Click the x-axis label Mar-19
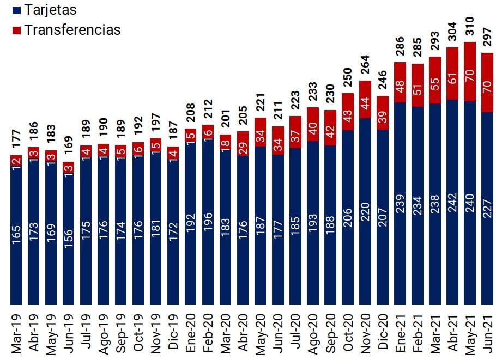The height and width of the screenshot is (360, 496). pos(16,332)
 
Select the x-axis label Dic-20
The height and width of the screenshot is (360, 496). pos(382,332)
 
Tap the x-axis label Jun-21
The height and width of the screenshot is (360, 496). pos(487,332)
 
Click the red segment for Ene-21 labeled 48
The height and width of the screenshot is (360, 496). pos(400,82)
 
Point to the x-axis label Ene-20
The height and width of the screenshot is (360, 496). pos(191,332)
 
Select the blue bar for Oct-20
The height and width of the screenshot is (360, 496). pos(347,218)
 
